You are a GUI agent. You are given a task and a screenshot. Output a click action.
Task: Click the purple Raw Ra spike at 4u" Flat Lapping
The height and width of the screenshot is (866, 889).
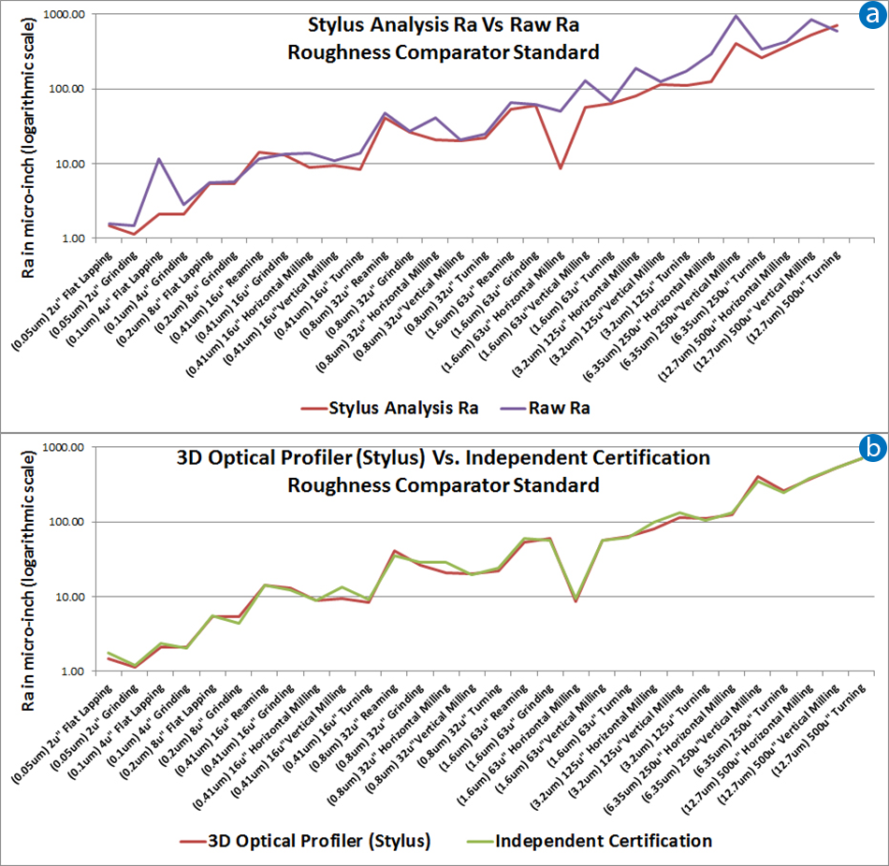coord(160,159)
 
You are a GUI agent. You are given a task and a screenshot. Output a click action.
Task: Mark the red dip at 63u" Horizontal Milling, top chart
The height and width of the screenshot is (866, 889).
coord(560,168)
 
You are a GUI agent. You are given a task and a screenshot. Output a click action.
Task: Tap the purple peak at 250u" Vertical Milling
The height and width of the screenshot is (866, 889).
coord(736,16)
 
